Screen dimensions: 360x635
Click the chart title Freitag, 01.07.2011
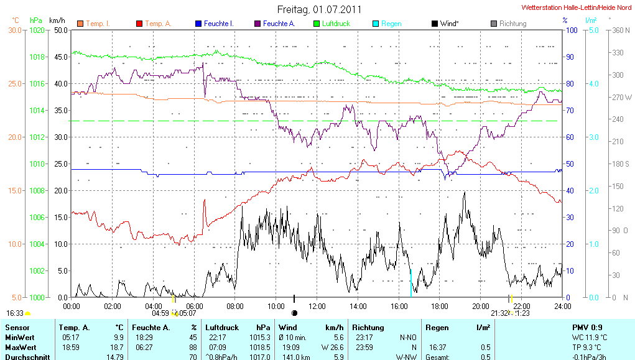[319, 9]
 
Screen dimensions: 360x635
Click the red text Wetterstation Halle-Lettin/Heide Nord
[578, 7]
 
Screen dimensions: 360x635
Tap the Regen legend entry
[391, 24]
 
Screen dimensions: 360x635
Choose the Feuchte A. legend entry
[278, 24]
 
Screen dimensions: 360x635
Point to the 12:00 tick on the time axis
[317, 306]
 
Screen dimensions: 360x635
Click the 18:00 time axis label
[440, 306]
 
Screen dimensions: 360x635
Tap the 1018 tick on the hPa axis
[38, 57]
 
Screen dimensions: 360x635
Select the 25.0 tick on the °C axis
[15, 83]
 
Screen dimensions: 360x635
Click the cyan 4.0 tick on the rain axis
[593, 83]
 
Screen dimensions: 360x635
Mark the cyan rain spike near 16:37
[410, 283]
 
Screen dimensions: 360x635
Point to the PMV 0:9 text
[586, 327]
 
